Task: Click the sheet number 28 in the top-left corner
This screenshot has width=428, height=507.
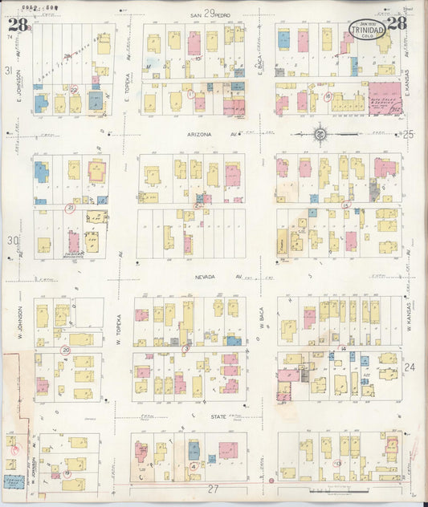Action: (17, 23)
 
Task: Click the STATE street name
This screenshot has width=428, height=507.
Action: (218, 416)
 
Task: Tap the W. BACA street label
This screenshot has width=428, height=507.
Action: (263, 329)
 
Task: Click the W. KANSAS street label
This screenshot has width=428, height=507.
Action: (408, 329)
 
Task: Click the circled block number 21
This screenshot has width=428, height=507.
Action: (71, 208)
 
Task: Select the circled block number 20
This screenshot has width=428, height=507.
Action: (66, 350)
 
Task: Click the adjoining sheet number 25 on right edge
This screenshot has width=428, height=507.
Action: (409, 134)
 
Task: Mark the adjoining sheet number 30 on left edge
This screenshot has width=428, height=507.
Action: (10, 240)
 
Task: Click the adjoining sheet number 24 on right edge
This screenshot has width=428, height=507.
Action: (410, 367)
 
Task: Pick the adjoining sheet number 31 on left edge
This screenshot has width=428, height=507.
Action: (9, 71)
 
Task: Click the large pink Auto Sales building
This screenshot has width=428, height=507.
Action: (385, 98)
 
